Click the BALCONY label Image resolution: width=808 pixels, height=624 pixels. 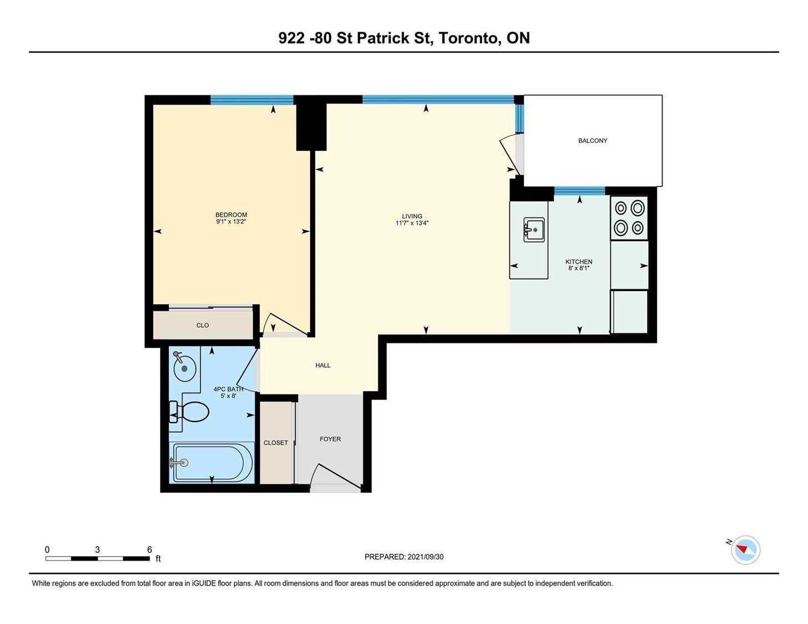click(592, 140)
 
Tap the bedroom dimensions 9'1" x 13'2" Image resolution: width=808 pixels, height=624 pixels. click(231, 221)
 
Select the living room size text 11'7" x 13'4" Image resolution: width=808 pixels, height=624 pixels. click(412, 223)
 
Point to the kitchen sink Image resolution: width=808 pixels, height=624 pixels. click(534, 230)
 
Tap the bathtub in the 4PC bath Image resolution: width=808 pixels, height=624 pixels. click(211, 464)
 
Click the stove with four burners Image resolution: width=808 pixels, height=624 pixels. click(629, 218)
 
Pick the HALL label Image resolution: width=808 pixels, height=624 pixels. click(323, 366)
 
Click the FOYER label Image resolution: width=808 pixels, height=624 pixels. click(330, 439)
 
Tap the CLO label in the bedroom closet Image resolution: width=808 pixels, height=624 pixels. click(203, 325)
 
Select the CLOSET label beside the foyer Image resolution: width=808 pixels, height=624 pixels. click(276, 443)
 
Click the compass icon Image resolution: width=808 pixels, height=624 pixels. click(745, 550)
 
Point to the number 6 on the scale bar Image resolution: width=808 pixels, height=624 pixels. click(149, 550)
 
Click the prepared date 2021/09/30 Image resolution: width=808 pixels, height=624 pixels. click(426, 557)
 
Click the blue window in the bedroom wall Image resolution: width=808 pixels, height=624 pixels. click(252, 100)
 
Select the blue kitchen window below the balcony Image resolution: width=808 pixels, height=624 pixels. click(579, 191)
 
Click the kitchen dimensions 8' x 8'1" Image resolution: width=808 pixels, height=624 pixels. click(579, 268)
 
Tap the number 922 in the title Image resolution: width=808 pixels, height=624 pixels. click(291, 38)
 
